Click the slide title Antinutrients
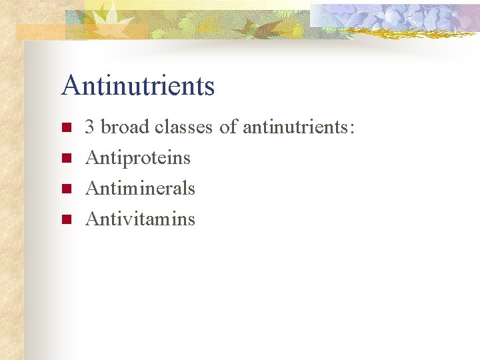tap(137, 86)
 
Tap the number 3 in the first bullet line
tap(89, 127)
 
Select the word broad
tap(125, 127)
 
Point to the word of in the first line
tap(228, 127)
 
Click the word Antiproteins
tap(138, 158)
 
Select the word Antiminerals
tap(140, 188)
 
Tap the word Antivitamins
tap(140, 219)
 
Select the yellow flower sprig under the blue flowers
tap(400, 33)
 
